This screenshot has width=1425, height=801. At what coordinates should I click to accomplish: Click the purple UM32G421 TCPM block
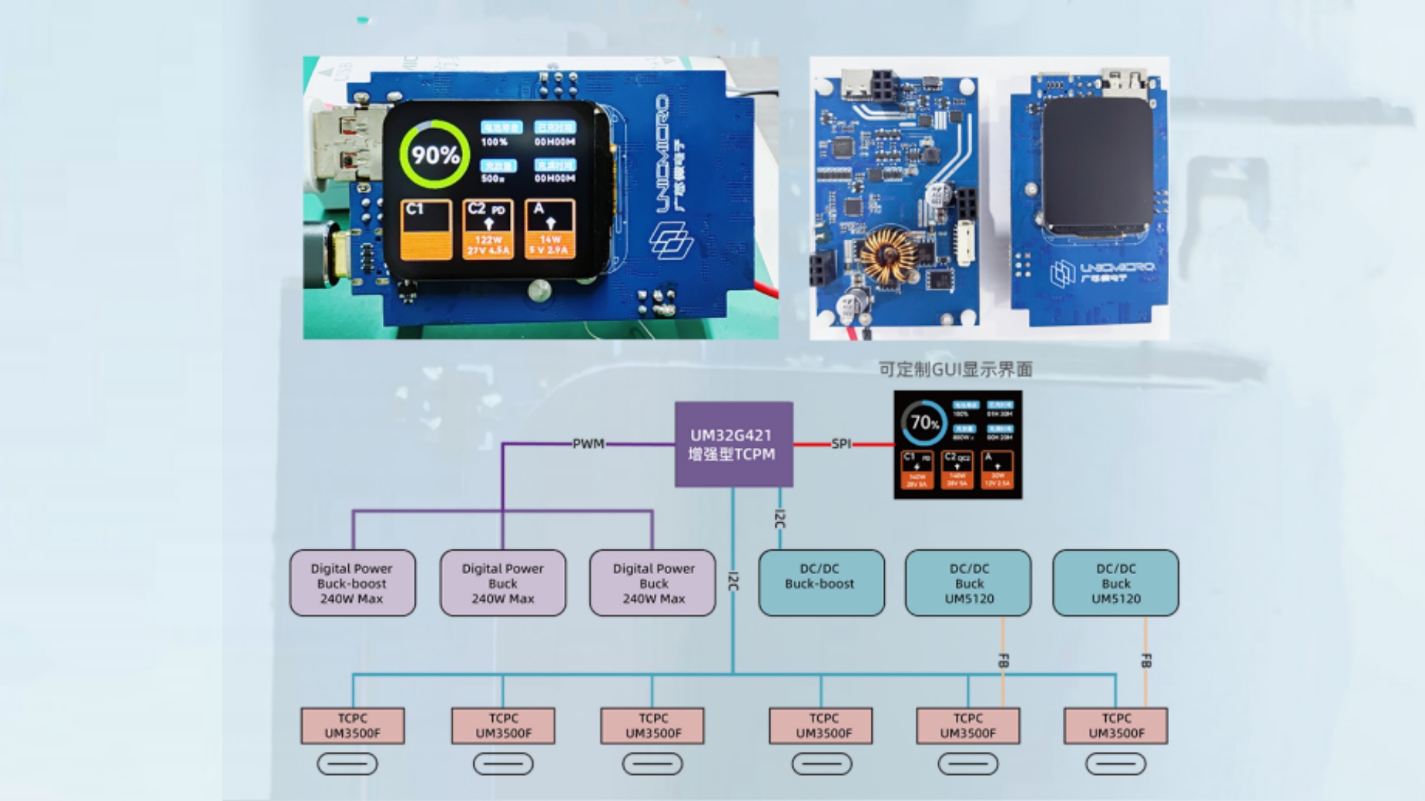(733, 444)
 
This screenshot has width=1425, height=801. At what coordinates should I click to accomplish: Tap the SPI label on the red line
(841, 444)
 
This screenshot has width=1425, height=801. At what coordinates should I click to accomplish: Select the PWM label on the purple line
(588, 444)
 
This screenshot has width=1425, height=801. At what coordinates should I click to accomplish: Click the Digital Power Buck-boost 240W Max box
(352, 583)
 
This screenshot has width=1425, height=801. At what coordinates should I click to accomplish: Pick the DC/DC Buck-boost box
(820, 583)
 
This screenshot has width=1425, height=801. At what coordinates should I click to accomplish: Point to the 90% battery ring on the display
(434, 154)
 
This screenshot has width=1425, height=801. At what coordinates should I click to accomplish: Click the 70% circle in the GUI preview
(924, 423)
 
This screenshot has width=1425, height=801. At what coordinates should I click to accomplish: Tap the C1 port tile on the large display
(426, 230)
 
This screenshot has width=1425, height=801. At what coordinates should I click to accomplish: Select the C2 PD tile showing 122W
(488, 230)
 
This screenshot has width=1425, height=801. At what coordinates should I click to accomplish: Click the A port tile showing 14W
(549, 230)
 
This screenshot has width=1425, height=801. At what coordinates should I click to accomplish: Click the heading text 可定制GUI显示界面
(955, 369)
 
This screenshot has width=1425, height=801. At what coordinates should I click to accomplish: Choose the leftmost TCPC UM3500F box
(353, 725)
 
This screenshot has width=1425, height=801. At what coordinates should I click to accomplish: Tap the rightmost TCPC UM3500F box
(1116, 725)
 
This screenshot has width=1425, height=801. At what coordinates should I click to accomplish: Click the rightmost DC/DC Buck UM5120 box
(1116, 583)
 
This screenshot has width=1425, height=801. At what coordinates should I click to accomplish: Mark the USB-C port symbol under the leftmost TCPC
(347, 764)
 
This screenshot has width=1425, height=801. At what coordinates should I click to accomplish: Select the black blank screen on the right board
(1097, 167)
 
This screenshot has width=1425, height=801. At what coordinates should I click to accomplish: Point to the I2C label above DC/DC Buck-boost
(779, 519)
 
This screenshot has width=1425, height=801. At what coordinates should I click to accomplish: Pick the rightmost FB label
(1145, 660)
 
